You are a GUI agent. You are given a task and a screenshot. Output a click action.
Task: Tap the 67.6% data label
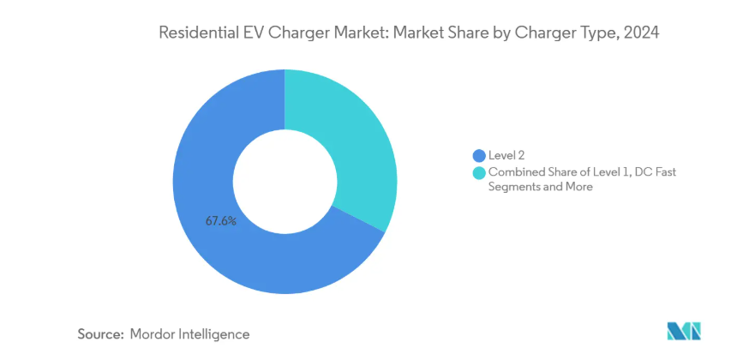pyautogui.click(x=220, y=221)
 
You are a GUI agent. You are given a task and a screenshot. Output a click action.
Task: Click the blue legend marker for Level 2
pyautogui.click(x=478, y=155)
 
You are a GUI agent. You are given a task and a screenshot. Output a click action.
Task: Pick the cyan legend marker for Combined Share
pyautogui.click(x=478, y=172)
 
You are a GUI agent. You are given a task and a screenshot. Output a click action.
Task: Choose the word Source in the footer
pyautogui.click(x=100, y=333)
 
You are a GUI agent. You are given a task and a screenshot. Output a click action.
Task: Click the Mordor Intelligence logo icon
pyautogui.click(x=683, y=331)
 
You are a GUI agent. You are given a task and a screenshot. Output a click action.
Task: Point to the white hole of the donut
pyautogui.click(x=285, y=182)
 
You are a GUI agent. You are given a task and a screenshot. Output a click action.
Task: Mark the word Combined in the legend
pyautogui.click(x=514, y=172)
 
